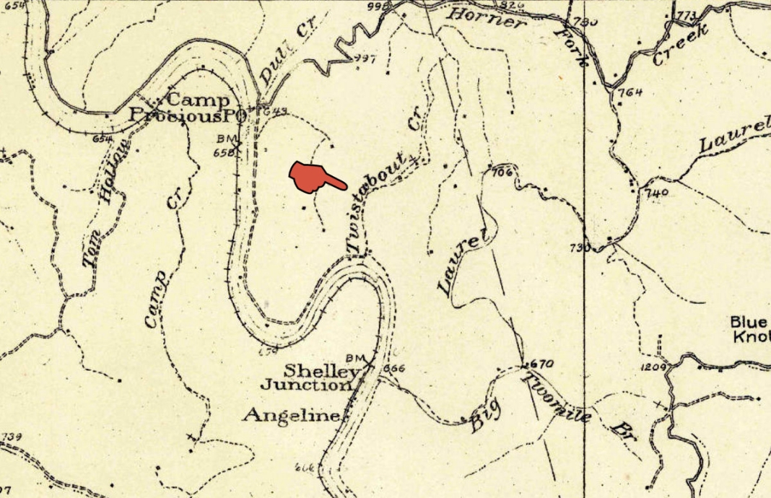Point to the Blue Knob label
click(x=749, y=330)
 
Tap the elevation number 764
click(x=630, y=92)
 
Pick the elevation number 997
click(x=365, y=59)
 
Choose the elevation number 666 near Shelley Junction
click(x=396, y=368)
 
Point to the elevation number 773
click(x=687, y=14)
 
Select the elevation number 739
click(x=13, y=437)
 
